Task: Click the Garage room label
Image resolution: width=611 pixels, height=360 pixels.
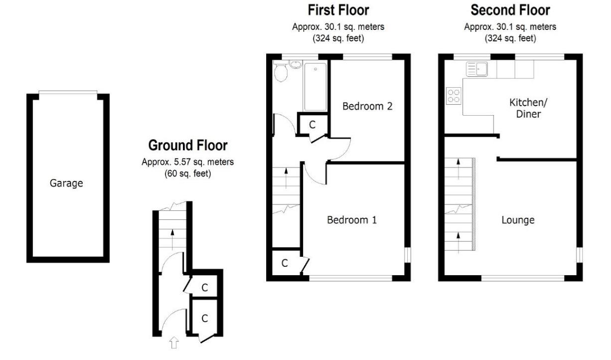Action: (66, 183)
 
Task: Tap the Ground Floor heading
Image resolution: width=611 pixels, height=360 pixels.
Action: (188, 146)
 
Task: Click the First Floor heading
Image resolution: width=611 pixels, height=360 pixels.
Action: (338, 9)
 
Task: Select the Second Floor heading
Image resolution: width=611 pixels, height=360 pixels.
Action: (510, 9)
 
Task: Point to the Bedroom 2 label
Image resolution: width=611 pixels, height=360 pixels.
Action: (367, 106)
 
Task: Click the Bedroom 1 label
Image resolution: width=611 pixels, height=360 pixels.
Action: (351, 219)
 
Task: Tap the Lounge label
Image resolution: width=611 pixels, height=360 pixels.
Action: (518, 219)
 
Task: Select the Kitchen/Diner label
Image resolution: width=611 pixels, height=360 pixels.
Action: (525, 108)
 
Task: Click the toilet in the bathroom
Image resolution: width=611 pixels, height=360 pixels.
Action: (281, 73)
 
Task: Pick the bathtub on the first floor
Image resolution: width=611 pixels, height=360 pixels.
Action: (315, 86)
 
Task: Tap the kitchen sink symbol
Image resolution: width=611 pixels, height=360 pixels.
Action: (476, 69)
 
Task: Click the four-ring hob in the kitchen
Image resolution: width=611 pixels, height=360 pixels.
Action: (454, 95)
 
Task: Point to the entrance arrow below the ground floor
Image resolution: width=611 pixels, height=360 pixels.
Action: (173, 342)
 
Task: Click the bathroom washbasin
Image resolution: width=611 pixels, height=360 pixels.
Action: (295, 64)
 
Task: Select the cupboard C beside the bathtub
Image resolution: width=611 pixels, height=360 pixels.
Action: (312, 125)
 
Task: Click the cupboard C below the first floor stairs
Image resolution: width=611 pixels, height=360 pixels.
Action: (284, 263)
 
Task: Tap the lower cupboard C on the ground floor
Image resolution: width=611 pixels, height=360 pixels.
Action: (205, 317)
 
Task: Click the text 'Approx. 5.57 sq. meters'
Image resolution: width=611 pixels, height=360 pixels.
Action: (187, 162)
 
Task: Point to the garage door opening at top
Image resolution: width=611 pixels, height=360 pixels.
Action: (68, 92)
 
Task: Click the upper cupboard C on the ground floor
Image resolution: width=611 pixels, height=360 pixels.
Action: (205, 287)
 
